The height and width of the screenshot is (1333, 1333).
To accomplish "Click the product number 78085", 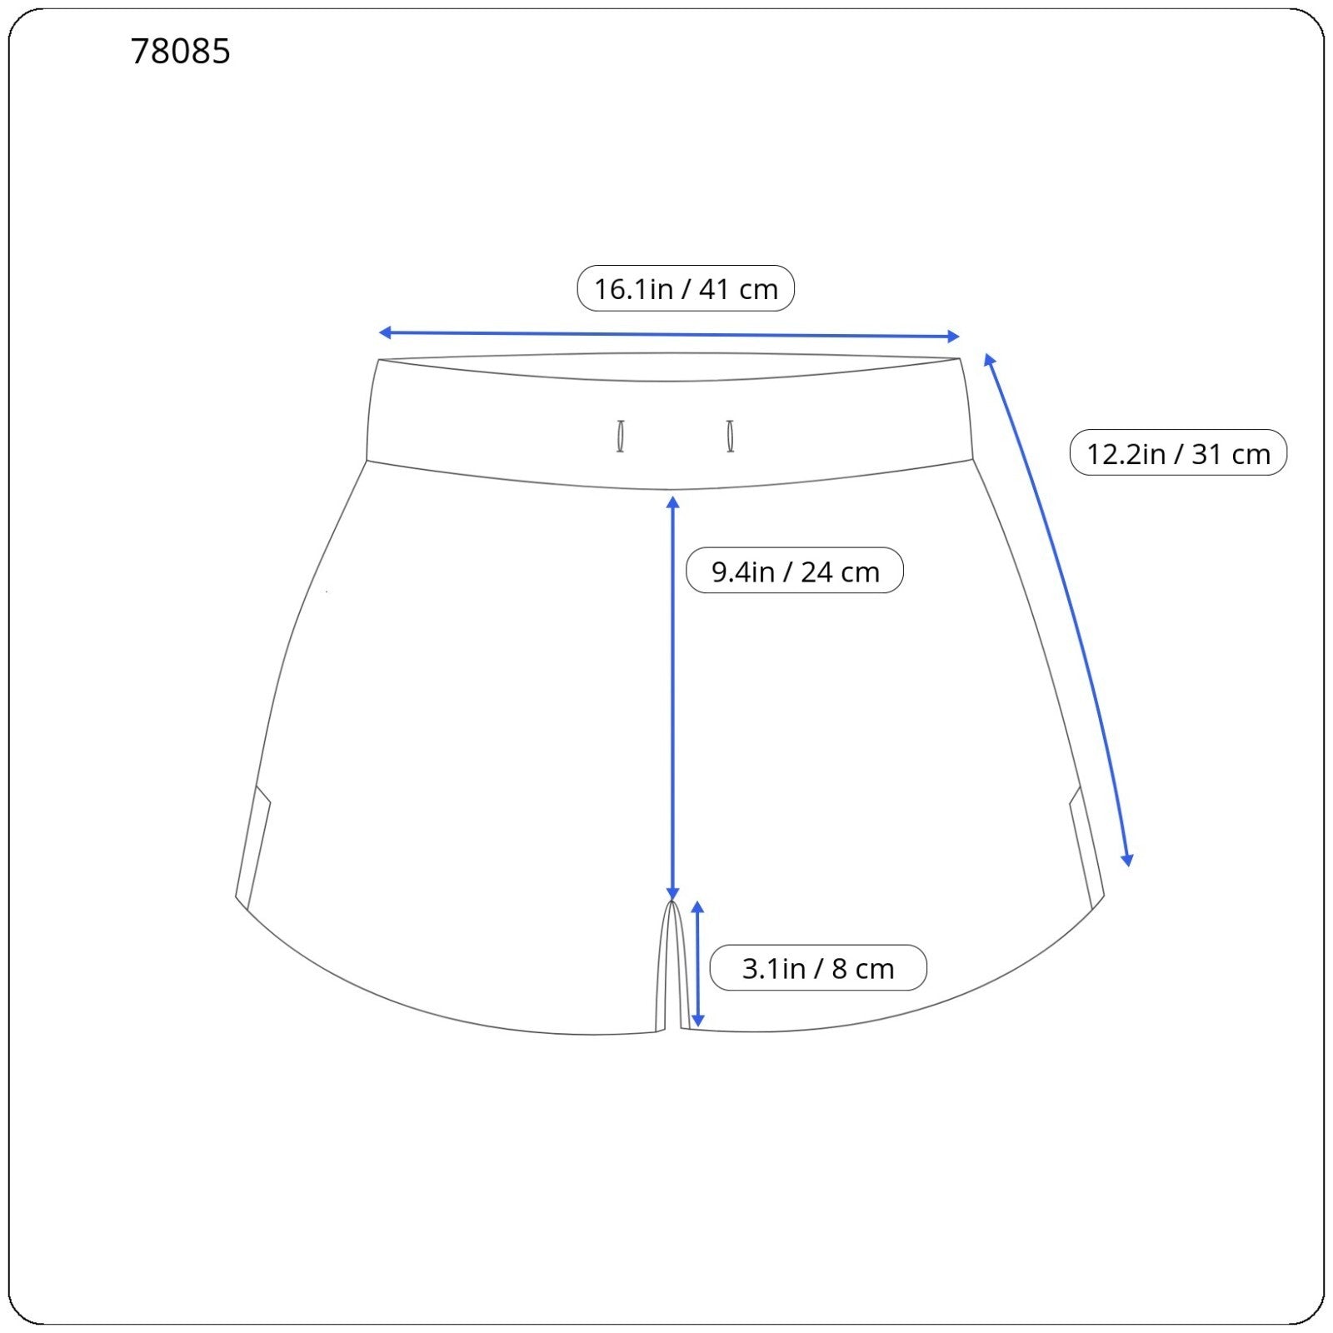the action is (181, 52).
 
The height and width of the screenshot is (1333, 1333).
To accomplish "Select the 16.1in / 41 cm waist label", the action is (686, 288).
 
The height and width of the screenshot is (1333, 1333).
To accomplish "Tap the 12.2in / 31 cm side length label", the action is (1178, 453).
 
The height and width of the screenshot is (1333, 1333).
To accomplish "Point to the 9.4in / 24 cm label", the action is (795, 571).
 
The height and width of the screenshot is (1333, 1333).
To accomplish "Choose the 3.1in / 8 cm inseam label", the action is (818, 968).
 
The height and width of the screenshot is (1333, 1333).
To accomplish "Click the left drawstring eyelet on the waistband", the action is (621, 437).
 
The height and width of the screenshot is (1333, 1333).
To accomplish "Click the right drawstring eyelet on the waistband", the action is (731, 437).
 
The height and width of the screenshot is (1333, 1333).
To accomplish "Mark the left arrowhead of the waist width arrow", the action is (385, 332).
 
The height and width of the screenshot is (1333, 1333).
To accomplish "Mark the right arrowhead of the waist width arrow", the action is (954, 337).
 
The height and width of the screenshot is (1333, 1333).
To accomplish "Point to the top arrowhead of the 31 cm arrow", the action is (989, 359).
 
